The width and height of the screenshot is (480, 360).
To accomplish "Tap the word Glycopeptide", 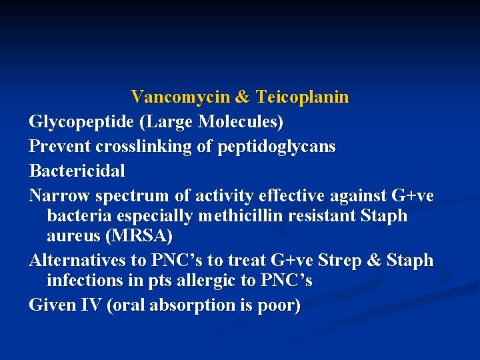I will pos(79,123).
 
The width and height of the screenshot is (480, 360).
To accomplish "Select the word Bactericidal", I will pos(77,171).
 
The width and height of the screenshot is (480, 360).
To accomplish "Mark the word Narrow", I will pos(59,195).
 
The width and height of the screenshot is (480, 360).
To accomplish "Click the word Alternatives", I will pos(77,261).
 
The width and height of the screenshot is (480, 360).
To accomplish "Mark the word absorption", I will pos(189,306).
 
